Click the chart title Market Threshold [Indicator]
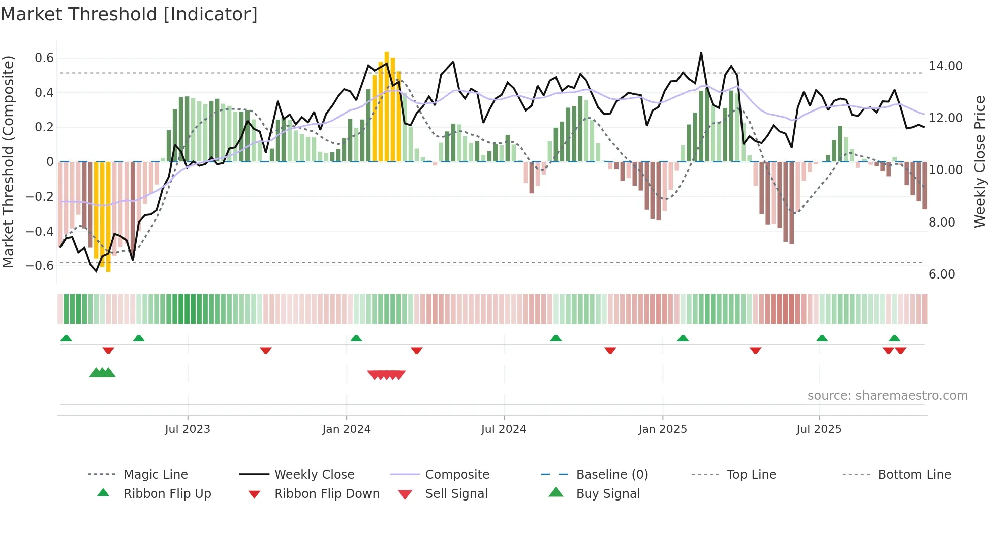coord(129,14)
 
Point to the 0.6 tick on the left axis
coord(44,58)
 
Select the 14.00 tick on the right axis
coord(945,66)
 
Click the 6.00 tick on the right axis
coord(942,274)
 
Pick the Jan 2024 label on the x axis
coord(346,429)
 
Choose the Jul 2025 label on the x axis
coord(819,429)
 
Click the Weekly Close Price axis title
coord(979,161)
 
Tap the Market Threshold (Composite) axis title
coord(8,161)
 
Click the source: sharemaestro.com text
coord(887,396)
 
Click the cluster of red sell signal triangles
coord(387,375)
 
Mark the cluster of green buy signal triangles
coord(102,373)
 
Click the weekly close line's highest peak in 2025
coord(701,53)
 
